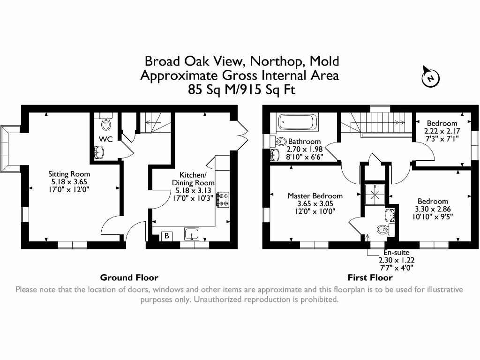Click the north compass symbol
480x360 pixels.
430,77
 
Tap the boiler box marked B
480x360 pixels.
166,236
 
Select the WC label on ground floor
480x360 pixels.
104,139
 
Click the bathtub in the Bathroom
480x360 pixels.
298,123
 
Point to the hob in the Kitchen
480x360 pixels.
222,198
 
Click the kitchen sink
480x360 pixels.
192,233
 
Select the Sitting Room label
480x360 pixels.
69,174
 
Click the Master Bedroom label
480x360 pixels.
315,196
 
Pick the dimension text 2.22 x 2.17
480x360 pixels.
442,131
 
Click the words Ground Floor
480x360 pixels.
129,277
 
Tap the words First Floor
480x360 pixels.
370,277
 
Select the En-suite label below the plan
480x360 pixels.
396,253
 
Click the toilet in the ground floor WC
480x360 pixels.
106,124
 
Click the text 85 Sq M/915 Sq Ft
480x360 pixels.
241,90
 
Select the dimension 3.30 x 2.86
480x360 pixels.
433,209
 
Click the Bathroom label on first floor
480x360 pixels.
304,141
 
